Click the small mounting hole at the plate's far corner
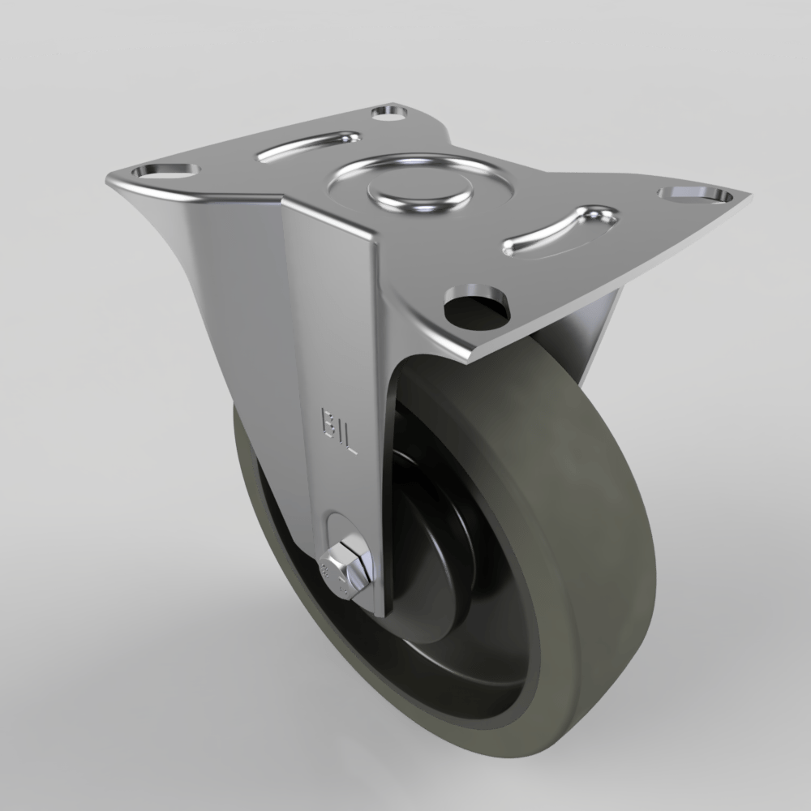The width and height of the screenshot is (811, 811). (390, 112)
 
